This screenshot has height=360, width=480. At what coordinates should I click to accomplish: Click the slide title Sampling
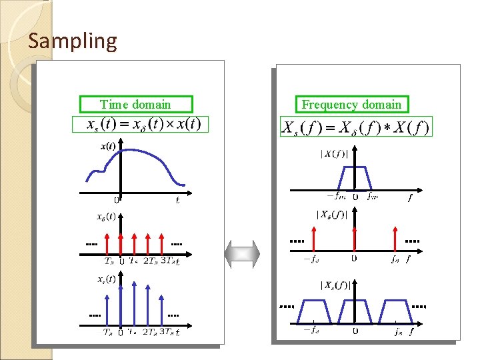coord(73,41)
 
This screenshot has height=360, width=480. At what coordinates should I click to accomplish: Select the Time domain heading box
coord(135,104)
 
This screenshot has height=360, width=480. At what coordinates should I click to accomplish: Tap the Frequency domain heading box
coord(351,105)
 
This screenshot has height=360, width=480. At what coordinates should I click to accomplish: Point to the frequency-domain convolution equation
coord(356,127)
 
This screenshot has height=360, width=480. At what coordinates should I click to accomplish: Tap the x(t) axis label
coord(107,146)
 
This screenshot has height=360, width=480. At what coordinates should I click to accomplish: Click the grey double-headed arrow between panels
coord(242,254)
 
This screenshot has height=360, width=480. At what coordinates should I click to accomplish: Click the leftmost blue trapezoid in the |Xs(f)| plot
coord(311,311)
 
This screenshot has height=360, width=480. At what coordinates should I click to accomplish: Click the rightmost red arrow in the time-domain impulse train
coord(163,243)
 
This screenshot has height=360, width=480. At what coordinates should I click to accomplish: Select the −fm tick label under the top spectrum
coord(336,197)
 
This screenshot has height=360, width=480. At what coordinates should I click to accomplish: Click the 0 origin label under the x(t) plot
coord(117,199)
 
